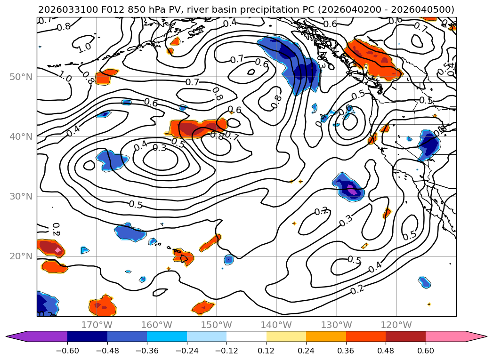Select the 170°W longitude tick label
[x=97, y=325]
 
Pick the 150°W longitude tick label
[x=217, y=325]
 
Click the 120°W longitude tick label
[x=396, y=325]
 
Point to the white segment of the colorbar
[x=246, y=336]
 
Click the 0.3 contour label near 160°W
[x=160, y=148]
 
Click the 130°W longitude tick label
[x=336, y=325]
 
